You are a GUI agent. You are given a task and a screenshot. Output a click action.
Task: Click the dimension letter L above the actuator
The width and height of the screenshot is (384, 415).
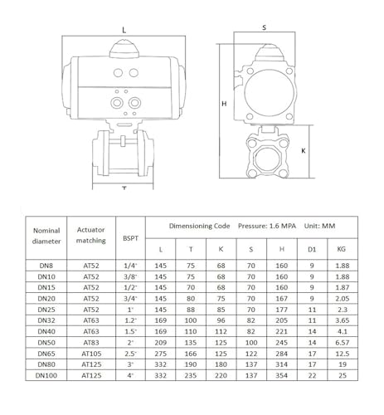pos(124,30)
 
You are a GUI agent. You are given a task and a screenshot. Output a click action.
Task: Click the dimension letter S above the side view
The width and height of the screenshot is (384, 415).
pos(265,27)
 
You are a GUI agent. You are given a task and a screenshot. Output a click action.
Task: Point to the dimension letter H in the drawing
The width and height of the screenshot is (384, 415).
pos(224,104)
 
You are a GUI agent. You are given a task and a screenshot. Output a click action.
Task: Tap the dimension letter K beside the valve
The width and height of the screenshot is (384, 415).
pos(304,151)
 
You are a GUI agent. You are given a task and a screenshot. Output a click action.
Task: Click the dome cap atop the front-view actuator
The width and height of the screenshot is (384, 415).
pos(124,49)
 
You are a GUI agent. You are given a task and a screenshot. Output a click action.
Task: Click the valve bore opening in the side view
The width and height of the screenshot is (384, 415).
pos(268,160)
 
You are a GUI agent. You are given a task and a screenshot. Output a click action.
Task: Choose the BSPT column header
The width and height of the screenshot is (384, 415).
pos(130,238)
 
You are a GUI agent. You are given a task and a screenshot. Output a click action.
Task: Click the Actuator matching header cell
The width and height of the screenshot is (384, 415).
pos(91,235)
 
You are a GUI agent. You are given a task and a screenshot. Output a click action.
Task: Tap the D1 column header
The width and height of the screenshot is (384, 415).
pos(312,250)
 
